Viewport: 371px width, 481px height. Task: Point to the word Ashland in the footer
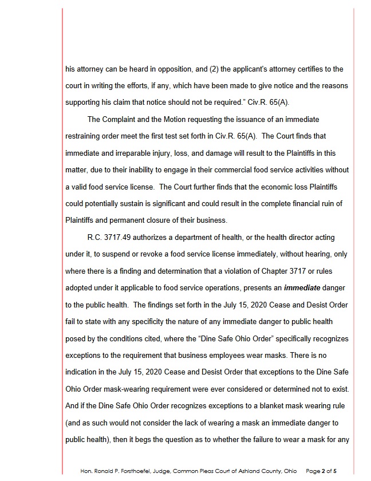click(x=244, y=471)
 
